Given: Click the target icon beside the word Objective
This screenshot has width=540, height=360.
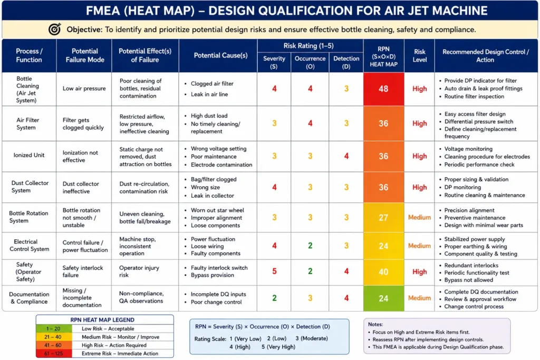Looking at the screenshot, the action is click(x=54, y=30).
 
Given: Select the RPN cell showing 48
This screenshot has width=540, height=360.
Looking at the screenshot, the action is click(x=383, y=89).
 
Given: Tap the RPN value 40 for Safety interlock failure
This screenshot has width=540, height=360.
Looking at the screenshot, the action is click(x=383, y=272).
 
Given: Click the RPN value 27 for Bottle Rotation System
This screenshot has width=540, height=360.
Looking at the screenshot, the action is click(x=383, y=218).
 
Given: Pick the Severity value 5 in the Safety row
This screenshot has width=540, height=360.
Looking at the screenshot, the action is click(x=274, y=271).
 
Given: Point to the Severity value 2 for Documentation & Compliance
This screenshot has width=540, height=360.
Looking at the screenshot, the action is click(x=274, y=298).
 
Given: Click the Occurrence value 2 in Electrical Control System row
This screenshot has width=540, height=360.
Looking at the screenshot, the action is click(x=310, y=246).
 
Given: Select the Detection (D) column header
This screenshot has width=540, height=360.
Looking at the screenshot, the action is click(x=346, y=62).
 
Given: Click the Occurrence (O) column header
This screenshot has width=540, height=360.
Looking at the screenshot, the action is click(x=310, y=62).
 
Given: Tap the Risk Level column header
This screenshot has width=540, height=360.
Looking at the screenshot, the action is click(x=419, y=55).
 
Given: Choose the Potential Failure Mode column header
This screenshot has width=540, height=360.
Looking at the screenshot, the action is click(x=85, y=55).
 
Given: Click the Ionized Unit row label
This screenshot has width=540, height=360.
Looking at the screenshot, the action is click(x=29, y=155).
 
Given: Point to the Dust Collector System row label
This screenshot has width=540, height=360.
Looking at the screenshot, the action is click(x=30, y=187).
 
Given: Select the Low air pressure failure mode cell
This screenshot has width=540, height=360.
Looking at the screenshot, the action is click(x=84, y=89).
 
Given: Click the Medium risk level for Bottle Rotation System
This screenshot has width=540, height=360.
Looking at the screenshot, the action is click(x=419, y=218).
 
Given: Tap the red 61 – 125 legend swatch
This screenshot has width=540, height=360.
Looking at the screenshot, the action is click(x=54, y=354).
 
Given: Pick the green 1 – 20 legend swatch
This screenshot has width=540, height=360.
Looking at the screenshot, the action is click(x=54, y=329).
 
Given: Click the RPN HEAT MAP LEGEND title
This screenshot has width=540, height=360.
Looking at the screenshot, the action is click(x=102, y=320).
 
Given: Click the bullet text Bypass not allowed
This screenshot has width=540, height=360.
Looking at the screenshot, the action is click(x=468, y=280).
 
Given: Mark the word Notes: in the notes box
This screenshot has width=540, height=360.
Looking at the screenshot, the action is click(x=375, y=324).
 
